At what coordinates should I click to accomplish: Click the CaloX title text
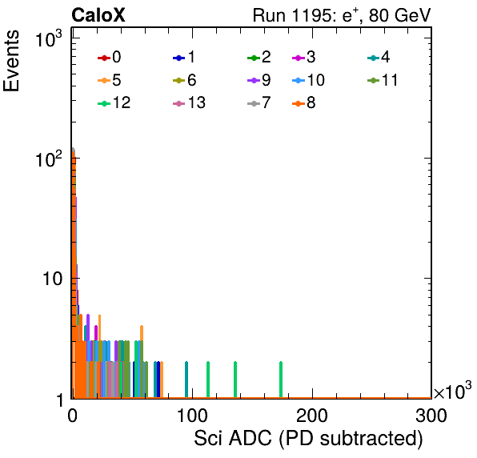click(x=98, y=15)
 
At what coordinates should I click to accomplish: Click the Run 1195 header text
click(x=342, y=15)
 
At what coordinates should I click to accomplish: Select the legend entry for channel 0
click(x=110, y=57)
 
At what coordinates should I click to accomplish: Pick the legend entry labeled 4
click(x=379, y=57)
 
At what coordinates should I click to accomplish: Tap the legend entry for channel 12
click(x=114, y=102)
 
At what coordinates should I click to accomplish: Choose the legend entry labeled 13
click(x=189, y=102)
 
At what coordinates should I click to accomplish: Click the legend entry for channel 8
click(x=304, y=102)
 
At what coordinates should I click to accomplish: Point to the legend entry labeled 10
click(x=308, y=80)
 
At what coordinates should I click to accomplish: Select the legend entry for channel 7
click(x=259, y=102)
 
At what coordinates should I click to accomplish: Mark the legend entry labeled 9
click(x=259, y=80)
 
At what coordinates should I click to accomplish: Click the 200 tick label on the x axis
click(x=312, y=416)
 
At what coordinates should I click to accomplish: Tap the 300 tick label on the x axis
click(x=431, y=416)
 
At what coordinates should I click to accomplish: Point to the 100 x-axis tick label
click(x=192, y=416)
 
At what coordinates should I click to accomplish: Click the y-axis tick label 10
click(x=52, y=279)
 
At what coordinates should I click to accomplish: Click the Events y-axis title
click(x=11, y=61)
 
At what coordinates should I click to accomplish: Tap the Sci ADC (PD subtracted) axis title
click(x=308, y=439)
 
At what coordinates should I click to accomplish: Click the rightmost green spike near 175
click(x=281, y=380)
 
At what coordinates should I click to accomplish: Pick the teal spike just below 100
click(x=186, y=380)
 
